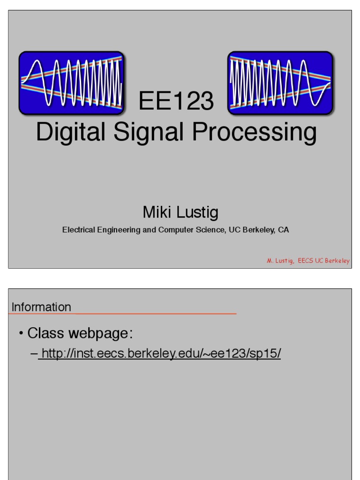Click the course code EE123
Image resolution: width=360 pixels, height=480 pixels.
click(177, 102)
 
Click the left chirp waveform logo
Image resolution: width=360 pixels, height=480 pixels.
click(71, 82)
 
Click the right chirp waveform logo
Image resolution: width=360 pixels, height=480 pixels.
click(280, 82)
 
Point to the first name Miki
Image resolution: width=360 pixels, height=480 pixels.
click(157, 213)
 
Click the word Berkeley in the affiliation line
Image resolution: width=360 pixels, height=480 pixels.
click(257, 230)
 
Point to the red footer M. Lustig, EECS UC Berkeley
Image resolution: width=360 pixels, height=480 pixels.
click(308, 261)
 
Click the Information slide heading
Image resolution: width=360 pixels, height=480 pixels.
click(41, 307)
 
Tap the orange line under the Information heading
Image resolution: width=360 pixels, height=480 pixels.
click(155, 314)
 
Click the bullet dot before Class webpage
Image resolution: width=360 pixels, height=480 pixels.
click(21, 334)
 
